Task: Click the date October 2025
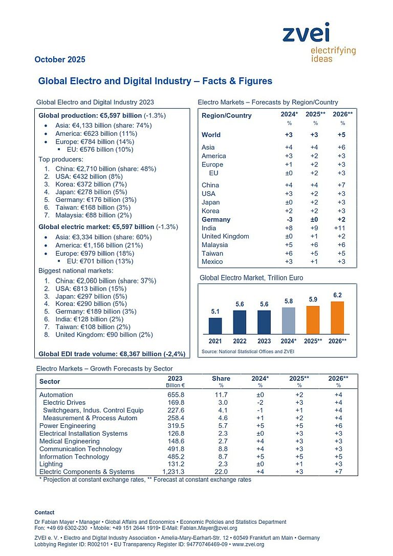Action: coord(60,59)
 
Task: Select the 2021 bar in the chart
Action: coord(215,326)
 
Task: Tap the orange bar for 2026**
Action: coord(337,318)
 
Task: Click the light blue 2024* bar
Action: coord(289,321)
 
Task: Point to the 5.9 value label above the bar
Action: coord(313,299)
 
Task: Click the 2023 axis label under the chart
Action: coord(264,341)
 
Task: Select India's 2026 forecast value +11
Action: coord(339,228)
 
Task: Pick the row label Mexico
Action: coord(212,262)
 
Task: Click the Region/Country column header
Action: coord(227,115)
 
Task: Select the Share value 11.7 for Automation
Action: coord(221,395)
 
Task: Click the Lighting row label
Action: coord(52,464)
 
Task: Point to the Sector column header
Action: coord(50,381)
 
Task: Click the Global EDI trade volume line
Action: coord(112,354)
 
